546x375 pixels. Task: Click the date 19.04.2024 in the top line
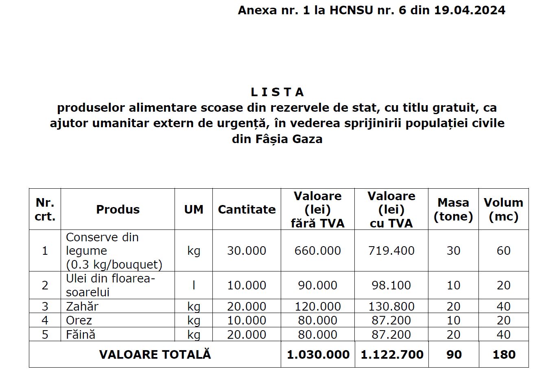coord(470,10)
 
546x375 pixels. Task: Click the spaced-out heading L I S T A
coord(277,93)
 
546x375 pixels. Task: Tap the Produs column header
coord(118,210)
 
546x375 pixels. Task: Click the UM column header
coord(194,210)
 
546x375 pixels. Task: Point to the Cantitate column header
coord(247,210)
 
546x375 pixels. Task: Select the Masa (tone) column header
coord(453,210)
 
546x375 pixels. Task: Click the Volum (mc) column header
coord(503,210)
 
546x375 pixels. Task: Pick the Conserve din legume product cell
coord(114,251)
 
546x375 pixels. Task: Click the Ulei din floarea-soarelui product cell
coord(111,285)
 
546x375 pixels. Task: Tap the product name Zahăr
coord(82,306)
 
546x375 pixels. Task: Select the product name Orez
coord(79,320)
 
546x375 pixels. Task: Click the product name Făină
coord(81,335)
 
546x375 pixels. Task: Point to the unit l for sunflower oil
coord(194,285)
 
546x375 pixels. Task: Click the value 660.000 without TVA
coord(317,251)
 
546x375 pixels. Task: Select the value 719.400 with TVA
coord(391,251)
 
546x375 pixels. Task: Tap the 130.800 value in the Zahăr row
coord(391,307)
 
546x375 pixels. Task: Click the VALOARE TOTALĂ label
coord(155,354)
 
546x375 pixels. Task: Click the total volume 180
coord(504,355)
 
